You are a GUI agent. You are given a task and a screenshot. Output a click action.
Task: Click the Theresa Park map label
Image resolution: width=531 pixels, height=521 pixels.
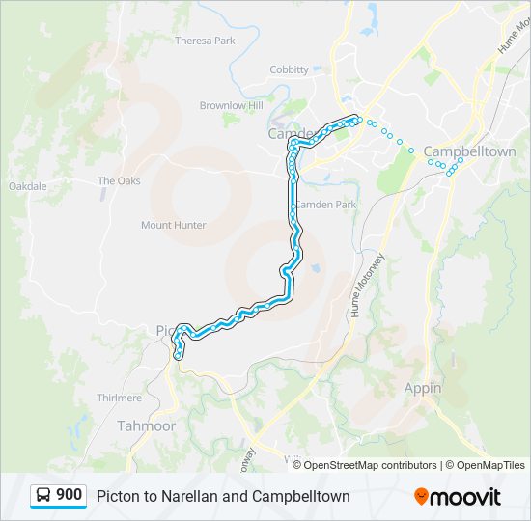click(x=205, y=41)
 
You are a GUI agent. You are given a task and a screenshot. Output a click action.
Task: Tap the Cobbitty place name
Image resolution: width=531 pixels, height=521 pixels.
click(x=289, y=69)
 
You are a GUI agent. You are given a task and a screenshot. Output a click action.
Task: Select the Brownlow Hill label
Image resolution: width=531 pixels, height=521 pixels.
click(x=231, y=105)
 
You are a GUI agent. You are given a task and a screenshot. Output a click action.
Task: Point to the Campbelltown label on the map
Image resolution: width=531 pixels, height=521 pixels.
click(x=469, y=151)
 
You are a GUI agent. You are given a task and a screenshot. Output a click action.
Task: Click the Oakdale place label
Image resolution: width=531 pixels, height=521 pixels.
click(x=27, y=186)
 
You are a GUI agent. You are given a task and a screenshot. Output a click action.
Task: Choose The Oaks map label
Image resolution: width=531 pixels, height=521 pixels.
click(x=119, y=180)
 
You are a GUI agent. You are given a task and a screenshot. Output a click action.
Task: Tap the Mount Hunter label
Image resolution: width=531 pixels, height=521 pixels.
click(x=174, y=225)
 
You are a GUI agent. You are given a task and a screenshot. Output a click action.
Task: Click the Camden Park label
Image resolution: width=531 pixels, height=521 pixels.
click(x=325, y=205)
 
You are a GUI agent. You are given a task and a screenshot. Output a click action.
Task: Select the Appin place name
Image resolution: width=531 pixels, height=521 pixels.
click(x=423, y=388)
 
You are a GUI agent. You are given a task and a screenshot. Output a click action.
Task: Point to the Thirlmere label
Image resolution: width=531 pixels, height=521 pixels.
click(x=120, y=398)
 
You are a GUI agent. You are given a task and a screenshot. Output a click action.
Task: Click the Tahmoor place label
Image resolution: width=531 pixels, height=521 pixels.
click(x=146, y=425)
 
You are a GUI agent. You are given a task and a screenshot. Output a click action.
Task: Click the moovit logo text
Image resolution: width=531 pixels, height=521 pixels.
click(x=465, y=497)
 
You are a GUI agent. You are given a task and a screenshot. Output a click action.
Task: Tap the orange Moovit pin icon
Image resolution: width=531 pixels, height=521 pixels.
click(x=421, y=497)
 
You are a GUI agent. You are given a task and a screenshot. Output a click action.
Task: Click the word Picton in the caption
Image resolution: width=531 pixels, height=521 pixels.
click(x=116, y=497)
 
